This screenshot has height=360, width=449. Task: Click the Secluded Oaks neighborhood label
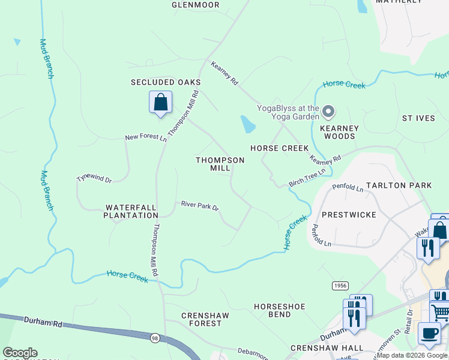pyautogui.click(x=166, y=82)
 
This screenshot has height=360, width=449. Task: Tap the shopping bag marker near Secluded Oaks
pyautogui.click(x=160, y=102)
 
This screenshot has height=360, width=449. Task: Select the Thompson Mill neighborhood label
pyautogui.click(x=220, y=164)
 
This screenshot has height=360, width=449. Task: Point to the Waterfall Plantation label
pyautogui.click(x=131, y=211)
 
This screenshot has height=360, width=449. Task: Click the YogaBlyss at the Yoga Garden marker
pyautogui.click(x=328, y=112)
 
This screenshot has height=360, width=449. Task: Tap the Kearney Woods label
pyautogui.click(x=339, y=132)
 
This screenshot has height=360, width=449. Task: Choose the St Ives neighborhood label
pyautogui.click(x=418, y=118)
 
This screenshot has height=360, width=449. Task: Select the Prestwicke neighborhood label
pyautogui.click(x=349, y=214)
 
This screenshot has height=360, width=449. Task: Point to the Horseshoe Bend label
pyautogui.click(x=279, y=310)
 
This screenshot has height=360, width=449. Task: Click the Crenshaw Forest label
pyautogui.click(x=202, y=319)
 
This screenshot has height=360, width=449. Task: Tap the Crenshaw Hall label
pyautogui.click(x=327, y=348)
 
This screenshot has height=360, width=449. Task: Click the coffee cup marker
pyautogui.click(x=429, y=334)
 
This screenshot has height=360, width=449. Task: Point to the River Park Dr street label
pyautogui.click(x=200, y=206)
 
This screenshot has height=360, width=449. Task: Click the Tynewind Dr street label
pyautogui.click(x=94, y=179)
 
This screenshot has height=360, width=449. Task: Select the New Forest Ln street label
pyautogui.click(x=145, y=137)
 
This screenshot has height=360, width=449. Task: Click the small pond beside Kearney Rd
pyautogui.click(x=247, y=124)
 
